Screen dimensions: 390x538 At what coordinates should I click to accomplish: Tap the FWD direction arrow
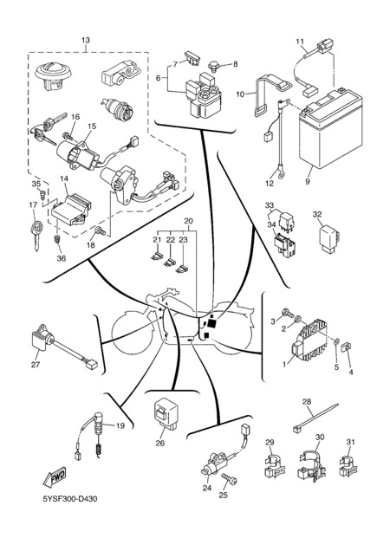coord(55,476)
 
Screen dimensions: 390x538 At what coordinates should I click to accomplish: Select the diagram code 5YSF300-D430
coord(69,498)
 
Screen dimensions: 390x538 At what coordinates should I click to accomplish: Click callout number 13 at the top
coord(86,40)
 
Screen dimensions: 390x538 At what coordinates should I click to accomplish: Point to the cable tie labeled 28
coord(315,417)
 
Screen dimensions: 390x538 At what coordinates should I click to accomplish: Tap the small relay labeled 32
coord(329,239)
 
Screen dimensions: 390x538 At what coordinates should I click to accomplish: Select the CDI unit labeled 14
coord(71,210)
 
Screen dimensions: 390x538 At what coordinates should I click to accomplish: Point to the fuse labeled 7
coord(192,58)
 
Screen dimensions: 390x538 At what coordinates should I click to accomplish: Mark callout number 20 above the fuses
coord(188,221)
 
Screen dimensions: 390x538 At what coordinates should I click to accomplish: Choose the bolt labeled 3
coord(288,313)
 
